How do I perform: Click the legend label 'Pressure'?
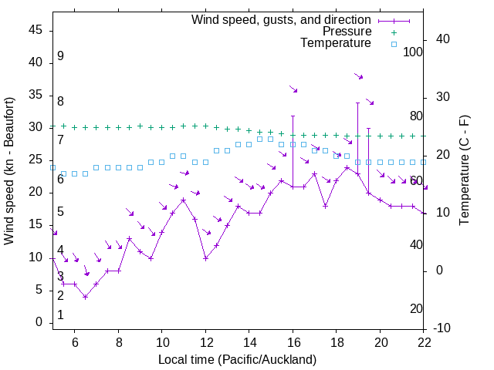pyautogui.click(x=347, y=32)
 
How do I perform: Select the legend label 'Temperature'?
pyautogui.click(x=336, y=43)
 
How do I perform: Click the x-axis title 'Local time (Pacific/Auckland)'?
pyautogui.click(x=238, y=360)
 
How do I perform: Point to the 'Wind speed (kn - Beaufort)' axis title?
pyautogui.click(x=10, y=171)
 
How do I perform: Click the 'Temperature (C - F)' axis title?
pyautogui.click(x=464, y=171)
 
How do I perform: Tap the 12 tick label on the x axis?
pyautogui.click(x=205, y=343)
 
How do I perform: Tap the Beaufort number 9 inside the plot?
pyautogui.click(x=60, y=56)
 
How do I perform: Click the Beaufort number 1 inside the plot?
pyautogui.click(x=60, y=315)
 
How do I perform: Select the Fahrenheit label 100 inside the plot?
pyautogui.click(x=413, y=52)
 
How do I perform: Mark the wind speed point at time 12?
pyautogui.click(x=205, y=257)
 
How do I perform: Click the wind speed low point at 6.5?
pyautogui.click(x=86, y=296)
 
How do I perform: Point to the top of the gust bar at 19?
pyautogui.click(x=357, y=103)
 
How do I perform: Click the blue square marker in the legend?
pyautogui.click(x=393, y=44)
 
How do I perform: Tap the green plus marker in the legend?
pyautogui.click(x=393, y=32)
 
